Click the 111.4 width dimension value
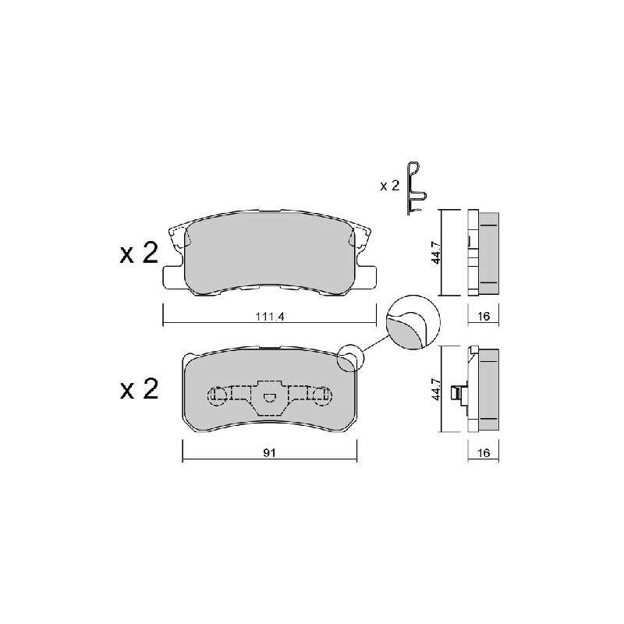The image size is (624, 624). (269, 317)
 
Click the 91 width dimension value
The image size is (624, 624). (269, 452)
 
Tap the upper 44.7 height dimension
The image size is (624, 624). (437, 252)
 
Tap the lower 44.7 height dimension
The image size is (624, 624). (437, 389)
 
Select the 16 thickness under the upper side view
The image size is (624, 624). (483, 317)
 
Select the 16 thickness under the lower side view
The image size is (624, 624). (483, 453)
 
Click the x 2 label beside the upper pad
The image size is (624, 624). (139, 253)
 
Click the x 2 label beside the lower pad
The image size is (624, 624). (139, 388)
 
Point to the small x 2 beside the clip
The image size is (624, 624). (389, 186)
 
